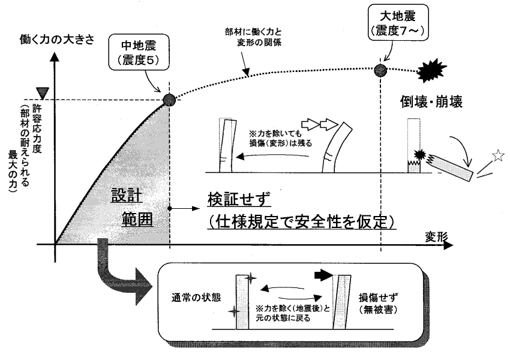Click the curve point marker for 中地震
(x=168, y=100)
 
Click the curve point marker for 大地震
(x=380, y=70)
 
